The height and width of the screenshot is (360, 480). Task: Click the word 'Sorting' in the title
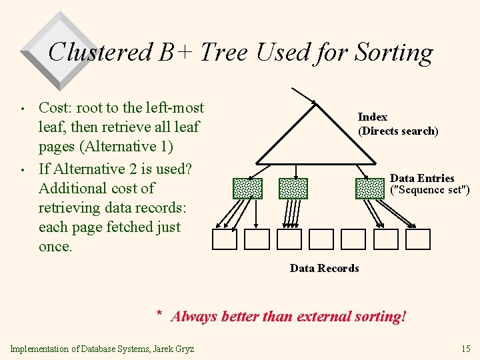395,53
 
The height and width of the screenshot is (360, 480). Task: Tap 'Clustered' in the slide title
100,52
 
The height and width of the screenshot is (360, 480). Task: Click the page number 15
465,349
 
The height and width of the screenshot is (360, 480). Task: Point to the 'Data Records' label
324,269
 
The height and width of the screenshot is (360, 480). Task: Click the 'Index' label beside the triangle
372,117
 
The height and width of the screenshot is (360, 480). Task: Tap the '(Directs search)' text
398,131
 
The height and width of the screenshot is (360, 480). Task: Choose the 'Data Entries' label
422,178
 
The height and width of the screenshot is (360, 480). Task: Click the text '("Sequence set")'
429,190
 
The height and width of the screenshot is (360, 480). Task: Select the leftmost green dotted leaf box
247,189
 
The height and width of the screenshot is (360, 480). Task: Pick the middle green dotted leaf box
293,189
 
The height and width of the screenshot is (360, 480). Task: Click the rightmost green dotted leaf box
370,189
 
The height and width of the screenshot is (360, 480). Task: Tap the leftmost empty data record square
225,239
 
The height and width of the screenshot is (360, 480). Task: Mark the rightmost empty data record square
418,239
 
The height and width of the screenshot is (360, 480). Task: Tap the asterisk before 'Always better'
159,313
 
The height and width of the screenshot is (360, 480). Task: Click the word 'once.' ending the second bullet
55,247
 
